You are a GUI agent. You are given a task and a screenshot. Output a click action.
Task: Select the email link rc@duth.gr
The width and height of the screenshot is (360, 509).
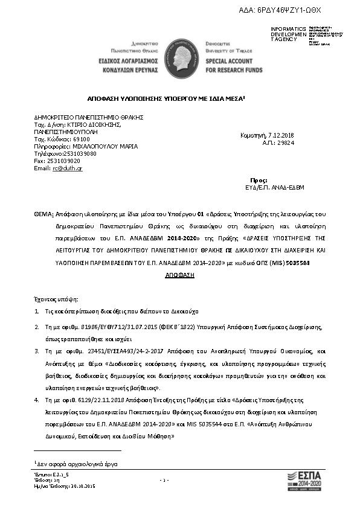tap(67, 168)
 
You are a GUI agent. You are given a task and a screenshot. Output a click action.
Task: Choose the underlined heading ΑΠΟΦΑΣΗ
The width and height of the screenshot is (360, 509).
tap(179, 275)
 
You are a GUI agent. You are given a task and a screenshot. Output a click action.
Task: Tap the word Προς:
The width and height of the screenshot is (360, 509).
tap(259, 181)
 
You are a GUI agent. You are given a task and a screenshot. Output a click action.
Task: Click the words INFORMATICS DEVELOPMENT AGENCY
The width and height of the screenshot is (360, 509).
tap(289, 34)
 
